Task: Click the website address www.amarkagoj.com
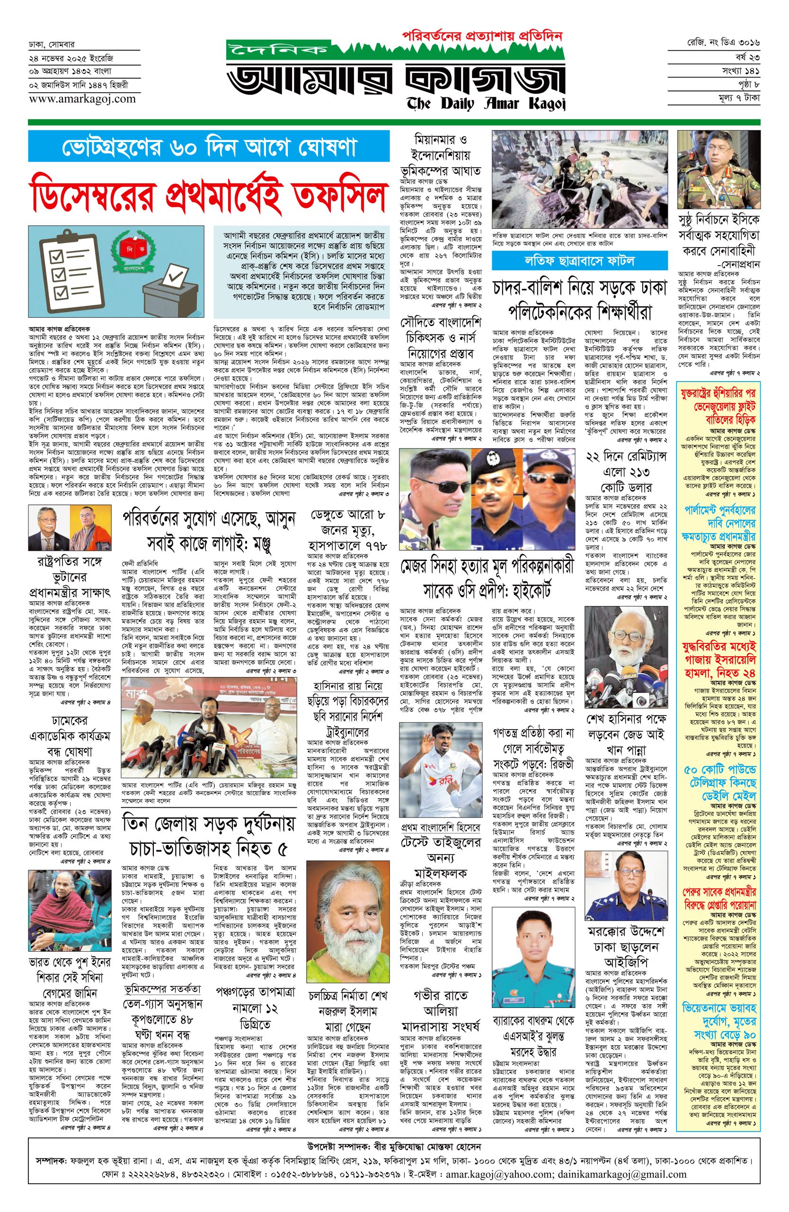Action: click(x=82, y=99)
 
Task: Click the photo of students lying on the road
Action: click(x=580, y=179)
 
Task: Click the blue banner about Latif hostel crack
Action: click(x=579, y=261)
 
